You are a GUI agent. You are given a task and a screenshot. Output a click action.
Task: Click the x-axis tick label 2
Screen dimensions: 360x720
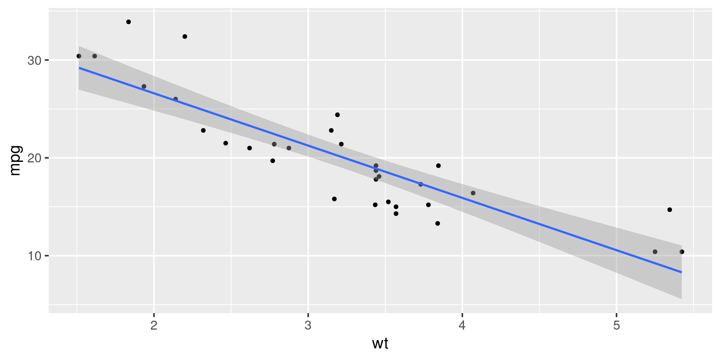(x=154, y=325)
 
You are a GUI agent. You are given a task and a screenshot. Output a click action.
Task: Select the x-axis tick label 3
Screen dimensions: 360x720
(x=308, y=325)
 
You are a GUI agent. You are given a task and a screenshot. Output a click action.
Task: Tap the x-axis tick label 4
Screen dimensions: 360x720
(x=462, y=325)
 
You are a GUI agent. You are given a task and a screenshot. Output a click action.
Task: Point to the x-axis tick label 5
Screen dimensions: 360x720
(x=616, y=325)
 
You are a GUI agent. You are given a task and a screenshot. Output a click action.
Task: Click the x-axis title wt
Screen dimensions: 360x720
(x=380, y=343)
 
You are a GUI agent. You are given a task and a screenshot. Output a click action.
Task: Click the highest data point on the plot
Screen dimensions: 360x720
(x=129, y=22)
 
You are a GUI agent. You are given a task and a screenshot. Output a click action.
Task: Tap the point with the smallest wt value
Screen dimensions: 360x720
(x=79, y=56)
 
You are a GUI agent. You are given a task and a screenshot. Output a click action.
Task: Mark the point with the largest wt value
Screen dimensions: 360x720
(x=682, y=252)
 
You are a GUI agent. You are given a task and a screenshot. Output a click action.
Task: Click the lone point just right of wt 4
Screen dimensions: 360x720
(x=473, y=193)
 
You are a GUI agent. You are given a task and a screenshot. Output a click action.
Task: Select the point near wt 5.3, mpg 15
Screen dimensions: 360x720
(x=670, y=210)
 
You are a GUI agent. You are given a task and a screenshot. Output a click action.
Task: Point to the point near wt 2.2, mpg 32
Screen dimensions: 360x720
(x=185, y=36)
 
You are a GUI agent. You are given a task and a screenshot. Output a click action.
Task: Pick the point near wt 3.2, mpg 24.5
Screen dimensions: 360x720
(x=337, y=115)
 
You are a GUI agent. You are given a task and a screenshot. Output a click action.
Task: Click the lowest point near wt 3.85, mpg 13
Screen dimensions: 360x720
(x=438, y=223)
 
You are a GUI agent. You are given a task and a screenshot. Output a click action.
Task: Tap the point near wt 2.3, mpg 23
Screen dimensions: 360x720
(x=203, y=130)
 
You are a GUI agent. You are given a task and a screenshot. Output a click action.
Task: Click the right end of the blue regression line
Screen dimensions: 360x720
(x=681, y=272)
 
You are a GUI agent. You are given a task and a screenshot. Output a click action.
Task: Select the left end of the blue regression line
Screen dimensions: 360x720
(x=79, y=68)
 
